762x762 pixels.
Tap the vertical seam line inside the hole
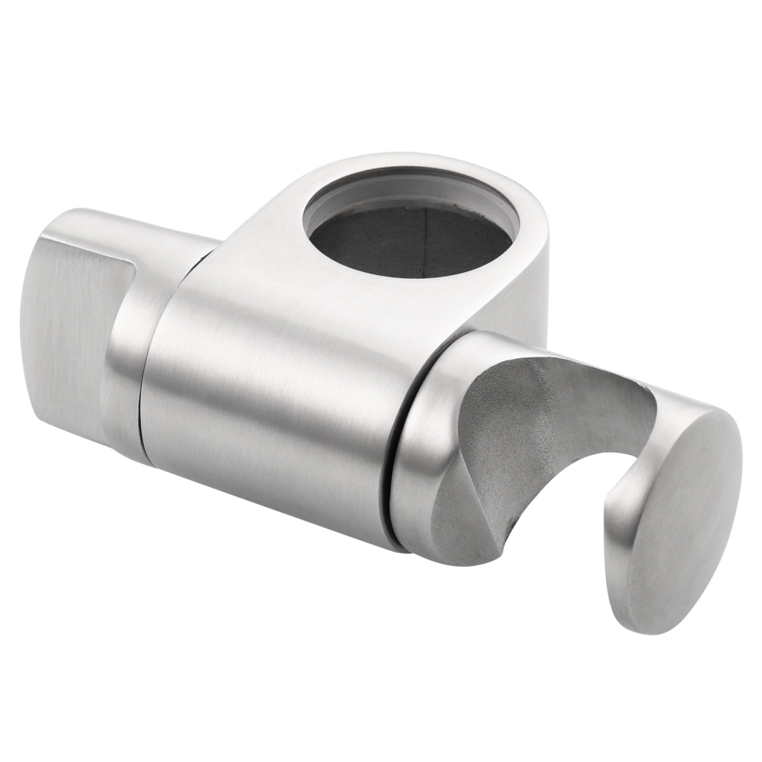pyautogui.click(x=424, y=244)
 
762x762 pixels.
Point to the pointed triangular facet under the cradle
pyautogui.click(x=465, y=518)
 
